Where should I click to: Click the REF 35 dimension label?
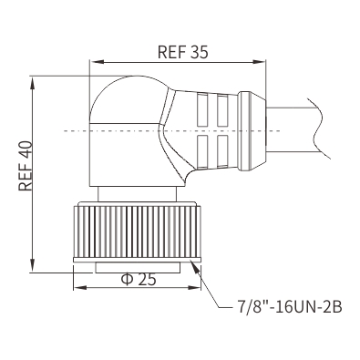(183, 52)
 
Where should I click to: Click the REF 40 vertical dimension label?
(26, 166)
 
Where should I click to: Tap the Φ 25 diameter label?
(139, 280)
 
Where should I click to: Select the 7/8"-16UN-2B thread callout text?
(290, 307)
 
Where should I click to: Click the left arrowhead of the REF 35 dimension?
(96, 62)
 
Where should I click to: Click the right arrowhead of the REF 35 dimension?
(260, 62)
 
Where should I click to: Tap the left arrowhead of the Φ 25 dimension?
(79, 287)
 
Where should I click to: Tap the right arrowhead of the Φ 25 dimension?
(195, 287)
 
